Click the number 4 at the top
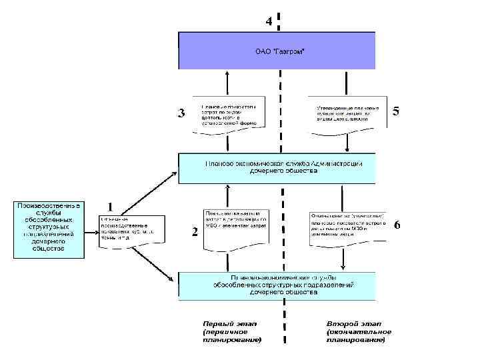pos(269,21)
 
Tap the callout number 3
pos(180,113)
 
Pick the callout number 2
pos(194,232)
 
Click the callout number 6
pos(397,225)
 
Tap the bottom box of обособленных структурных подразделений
pos(277,285)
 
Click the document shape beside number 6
pos(347,228)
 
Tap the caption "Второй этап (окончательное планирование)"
pos(359,331)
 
